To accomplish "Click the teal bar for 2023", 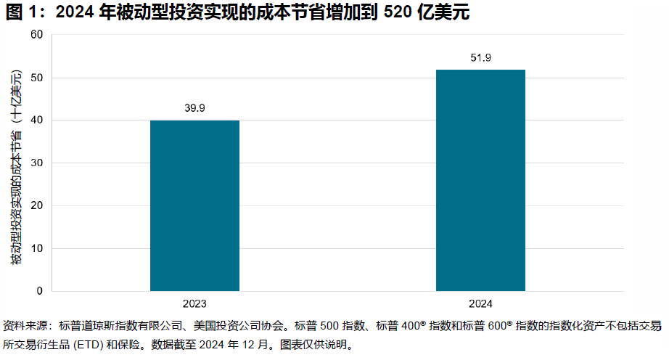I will [194, 205].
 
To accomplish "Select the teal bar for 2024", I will [480, 180].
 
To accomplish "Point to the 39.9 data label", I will [194, 108].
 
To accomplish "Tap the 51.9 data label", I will [480, 57].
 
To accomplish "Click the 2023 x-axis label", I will [194, 303].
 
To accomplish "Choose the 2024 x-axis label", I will [480, 303].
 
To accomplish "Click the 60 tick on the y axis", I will [37, 35].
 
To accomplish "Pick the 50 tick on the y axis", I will [37, 78].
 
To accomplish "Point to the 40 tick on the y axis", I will [37, 120].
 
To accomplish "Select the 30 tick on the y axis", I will [37, 163].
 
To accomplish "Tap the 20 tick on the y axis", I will [37, 205].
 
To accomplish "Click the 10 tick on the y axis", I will [37, 248].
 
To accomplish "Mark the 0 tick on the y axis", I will [40, 291].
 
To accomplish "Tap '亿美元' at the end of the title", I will [444, 12].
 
